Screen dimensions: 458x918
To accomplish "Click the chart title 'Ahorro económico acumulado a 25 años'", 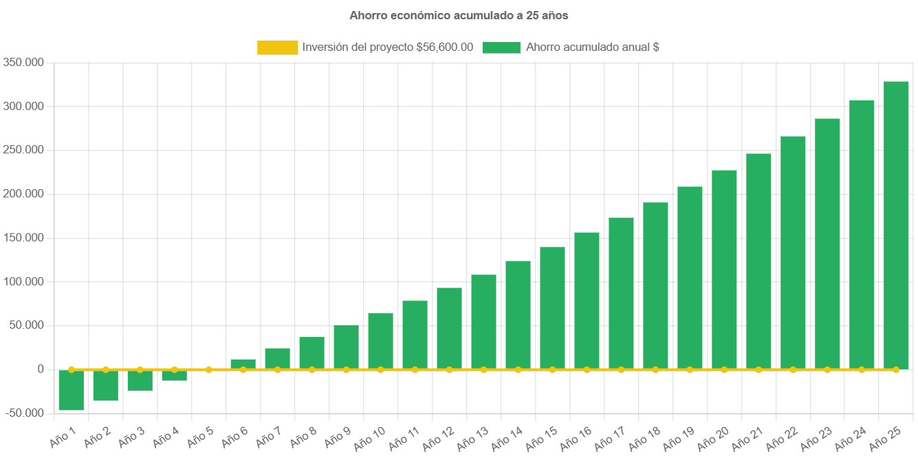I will tap(459, 14).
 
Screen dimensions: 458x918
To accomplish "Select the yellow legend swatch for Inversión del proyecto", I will tap(277, 47).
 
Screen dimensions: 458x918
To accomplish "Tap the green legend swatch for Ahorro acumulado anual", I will tap(501, 47).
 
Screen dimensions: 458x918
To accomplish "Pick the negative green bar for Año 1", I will tap(71, 390).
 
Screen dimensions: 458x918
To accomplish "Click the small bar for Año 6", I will tap(243, 364).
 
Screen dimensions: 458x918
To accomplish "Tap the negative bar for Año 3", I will tap(140, 380).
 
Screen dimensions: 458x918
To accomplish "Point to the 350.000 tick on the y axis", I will tap(23, 63).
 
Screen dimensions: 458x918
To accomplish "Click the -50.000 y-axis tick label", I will tap(23, 413).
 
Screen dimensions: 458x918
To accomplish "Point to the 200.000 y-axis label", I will tap(23, 194).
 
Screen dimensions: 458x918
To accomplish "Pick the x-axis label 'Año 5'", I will tap(200, 438).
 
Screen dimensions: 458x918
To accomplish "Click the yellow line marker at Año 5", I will tap(208, 369).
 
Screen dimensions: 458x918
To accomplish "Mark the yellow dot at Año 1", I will tap(71, 369).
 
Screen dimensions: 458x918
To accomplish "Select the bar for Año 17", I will tap(621, 294).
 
